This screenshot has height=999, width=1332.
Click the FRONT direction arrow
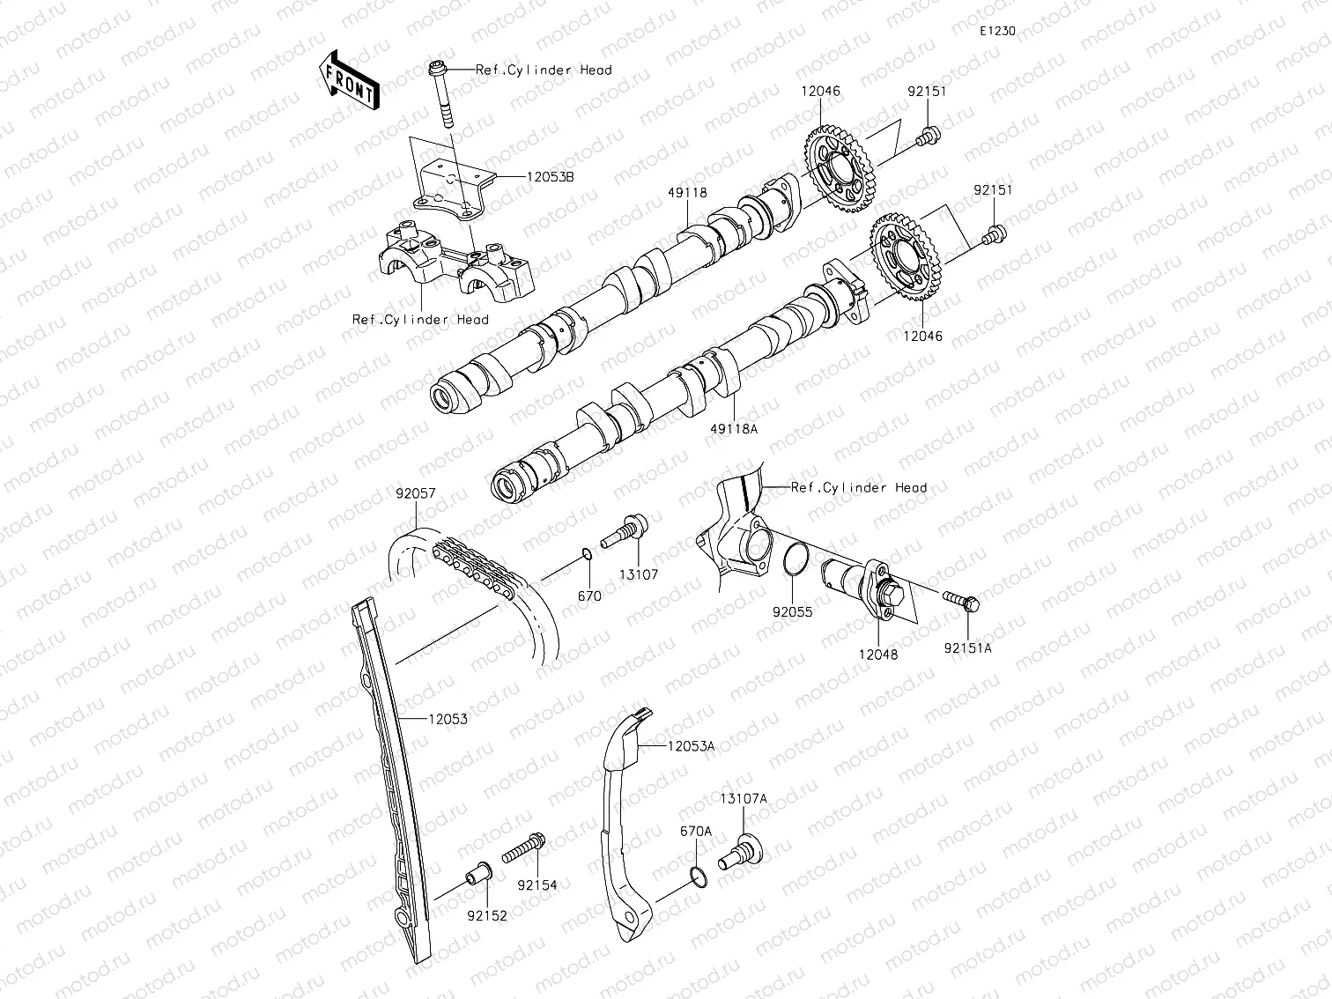click(x=349, y=79)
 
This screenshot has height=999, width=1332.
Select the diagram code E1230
click(x=997, y=31)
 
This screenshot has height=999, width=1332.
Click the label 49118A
click(x=736, y=428)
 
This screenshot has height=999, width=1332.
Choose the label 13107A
click(x=743, y=799)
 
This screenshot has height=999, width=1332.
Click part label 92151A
click(x=968, y=647)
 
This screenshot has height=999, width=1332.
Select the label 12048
click(x=877, y=655)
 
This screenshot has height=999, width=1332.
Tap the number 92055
click(x=793, y=611)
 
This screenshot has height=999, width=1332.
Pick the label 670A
click(x=695, y=831)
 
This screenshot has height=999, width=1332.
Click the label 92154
click(x=537, y=884)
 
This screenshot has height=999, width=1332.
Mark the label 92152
click(x=487, y=915)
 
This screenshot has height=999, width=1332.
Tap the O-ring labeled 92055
click(x=794, y=560)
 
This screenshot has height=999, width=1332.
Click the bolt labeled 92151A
click(x=959, y=601)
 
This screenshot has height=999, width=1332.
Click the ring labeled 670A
click(x=697, y=877)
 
